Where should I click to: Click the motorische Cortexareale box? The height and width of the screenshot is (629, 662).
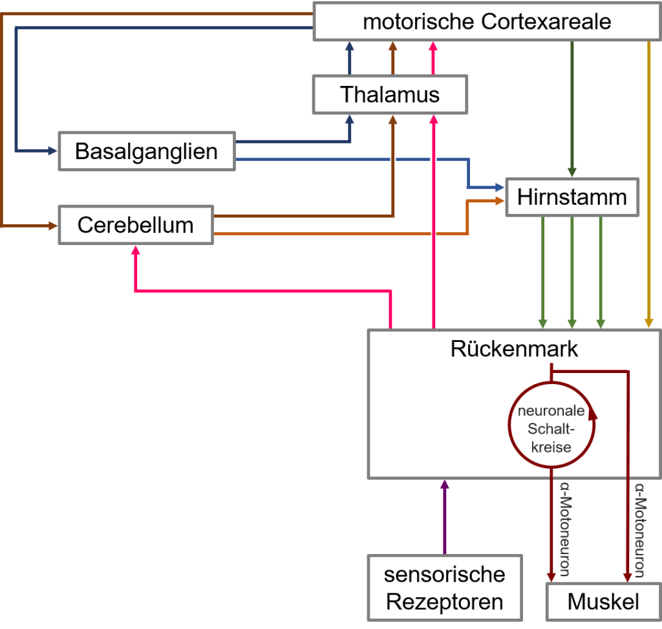tap(487, 21)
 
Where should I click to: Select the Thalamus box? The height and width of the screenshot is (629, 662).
tap(390, 94)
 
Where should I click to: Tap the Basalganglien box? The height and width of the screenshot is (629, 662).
tap(147, 151)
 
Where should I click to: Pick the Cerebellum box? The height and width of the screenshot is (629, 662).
tap(136, 225)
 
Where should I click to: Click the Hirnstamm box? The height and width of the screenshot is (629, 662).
tap(572, 197)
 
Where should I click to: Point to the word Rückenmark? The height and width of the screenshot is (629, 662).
tap(514, 348)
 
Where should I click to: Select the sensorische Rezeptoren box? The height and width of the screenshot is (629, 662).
tap(445, 588)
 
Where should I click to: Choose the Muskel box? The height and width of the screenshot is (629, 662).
tap(604, 602)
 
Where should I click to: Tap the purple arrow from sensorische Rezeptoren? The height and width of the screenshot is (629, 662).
tap(445, 517)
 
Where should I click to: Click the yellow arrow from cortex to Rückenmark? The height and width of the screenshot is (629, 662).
tap(649, 184)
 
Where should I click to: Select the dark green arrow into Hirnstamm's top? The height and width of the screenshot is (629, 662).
tap(572, 109)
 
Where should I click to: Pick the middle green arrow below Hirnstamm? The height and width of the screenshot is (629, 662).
tap(572, 272)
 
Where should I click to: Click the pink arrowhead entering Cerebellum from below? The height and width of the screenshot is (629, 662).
tap(136, 250)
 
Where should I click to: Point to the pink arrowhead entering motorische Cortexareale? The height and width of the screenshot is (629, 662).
tap(433, 46)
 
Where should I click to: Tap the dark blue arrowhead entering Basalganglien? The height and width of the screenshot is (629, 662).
tap(53, 151)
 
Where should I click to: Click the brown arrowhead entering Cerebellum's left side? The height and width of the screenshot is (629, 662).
tap(53, 226)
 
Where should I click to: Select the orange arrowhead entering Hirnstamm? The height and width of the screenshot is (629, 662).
tap(500, 201)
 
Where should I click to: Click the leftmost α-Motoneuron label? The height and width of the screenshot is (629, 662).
tap(565, 529)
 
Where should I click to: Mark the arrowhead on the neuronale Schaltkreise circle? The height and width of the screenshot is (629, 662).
tap(593, 413)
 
